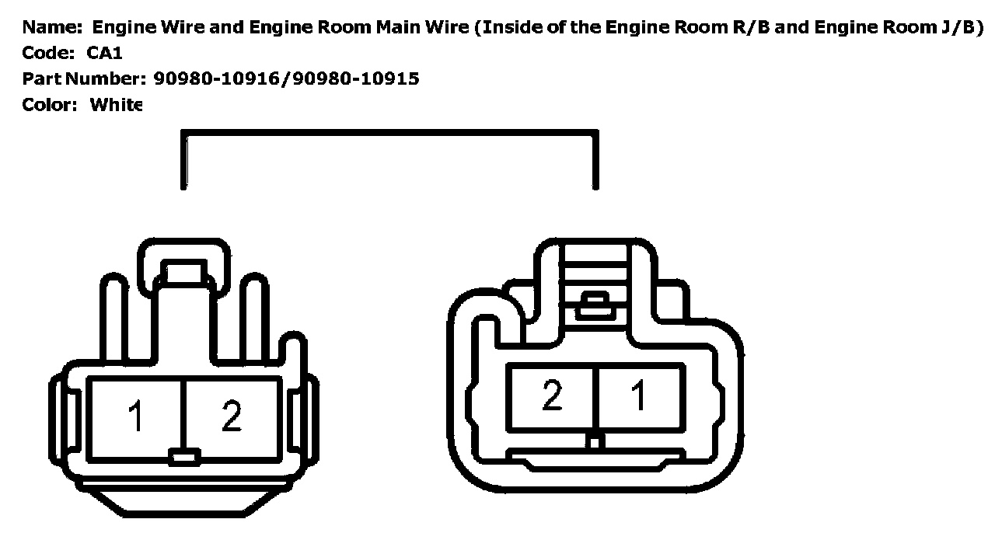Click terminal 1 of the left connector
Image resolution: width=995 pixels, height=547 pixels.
[136, 417]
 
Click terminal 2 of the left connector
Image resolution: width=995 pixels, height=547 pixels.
[232, 417]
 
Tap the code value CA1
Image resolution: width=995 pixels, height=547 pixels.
[104, 53]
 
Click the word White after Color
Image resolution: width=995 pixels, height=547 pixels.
[116, 104]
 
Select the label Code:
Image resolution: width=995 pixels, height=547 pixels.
[48, 53]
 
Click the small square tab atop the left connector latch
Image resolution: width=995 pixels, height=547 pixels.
[183, 273]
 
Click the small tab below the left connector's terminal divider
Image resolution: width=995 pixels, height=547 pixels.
[183, 457]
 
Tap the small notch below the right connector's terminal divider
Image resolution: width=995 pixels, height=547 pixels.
[595, 441]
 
